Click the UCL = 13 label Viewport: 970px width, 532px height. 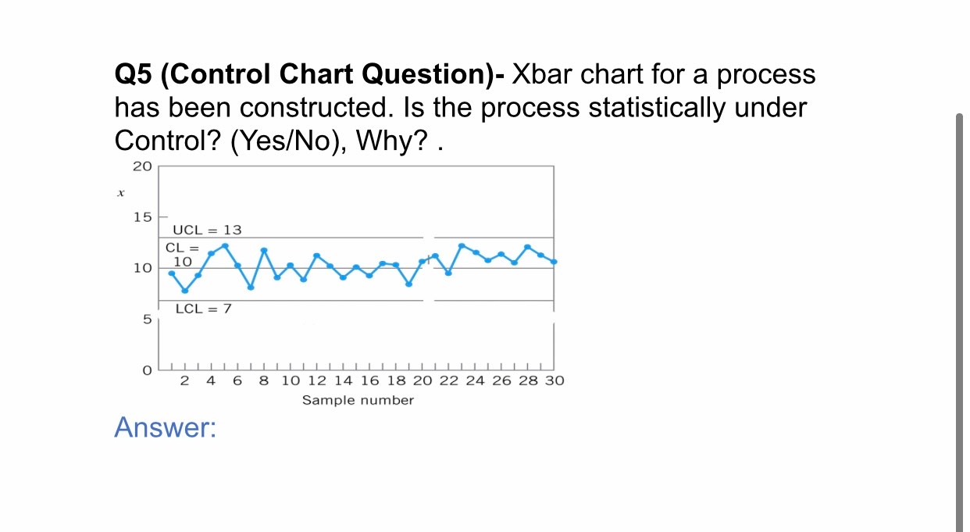pos(207,230)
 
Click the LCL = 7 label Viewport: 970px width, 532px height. pos(203,309)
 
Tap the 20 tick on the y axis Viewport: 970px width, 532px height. pos(141,166)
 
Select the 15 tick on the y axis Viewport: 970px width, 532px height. pos(141,216)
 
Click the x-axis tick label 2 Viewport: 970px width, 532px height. pos(184,381)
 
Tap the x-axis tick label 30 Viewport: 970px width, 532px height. pos(554,381)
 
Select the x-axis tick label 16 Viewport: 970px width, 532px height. pos(369,381)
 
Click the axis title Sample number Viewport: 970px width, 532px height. pos(358,400)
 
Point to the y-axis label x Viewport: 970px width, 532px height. pos(120,191)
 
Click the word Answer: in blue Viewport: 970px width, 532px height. pos(165,427)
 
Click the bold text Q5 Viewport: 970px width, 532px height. pos(134,75)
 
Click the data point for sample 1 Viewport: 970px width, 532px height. pos(172,273)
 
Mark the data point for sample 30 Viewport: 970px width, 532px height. pos(554,262)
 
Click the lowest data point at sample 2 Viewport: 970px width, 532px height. pos(185,291)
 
